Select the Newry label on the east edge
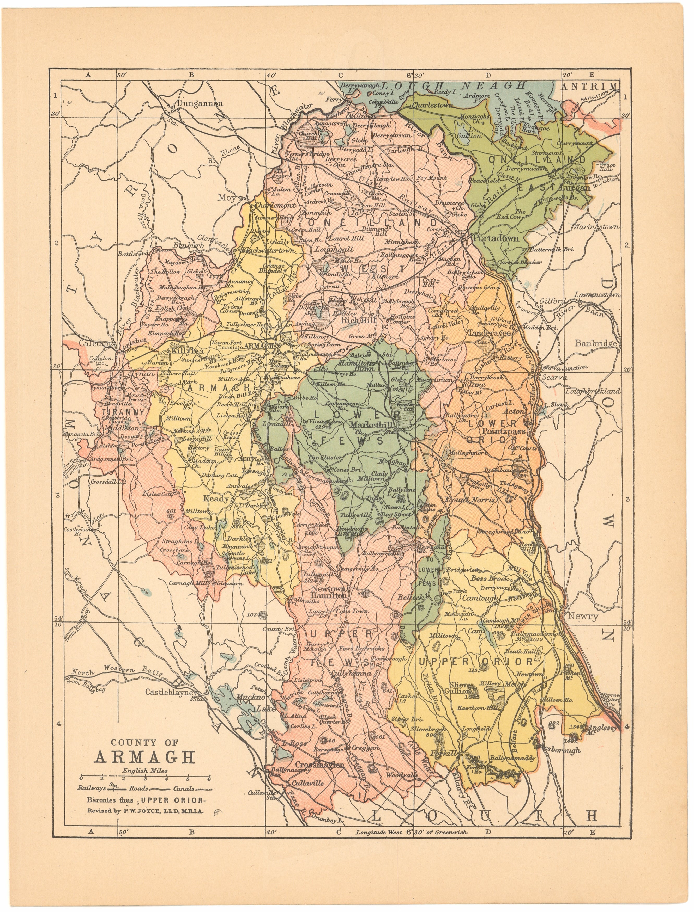coord(582,617)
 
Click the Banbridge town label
coord(595,343)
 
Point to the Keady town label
coord(215,498)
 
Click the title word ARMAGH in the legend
coord(144,757)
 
